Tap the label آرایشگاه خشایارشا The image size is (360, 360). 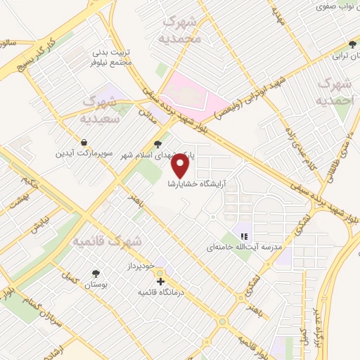point(200,184)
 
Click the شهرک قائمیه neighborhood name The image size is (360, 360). point(108,241)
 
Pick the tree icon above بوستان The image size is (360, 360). point(96,272)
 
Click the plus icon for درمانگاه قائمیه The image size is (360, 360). point(161,281)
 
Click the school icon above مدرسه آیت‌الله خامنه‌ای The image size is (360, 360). point(244,236)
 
